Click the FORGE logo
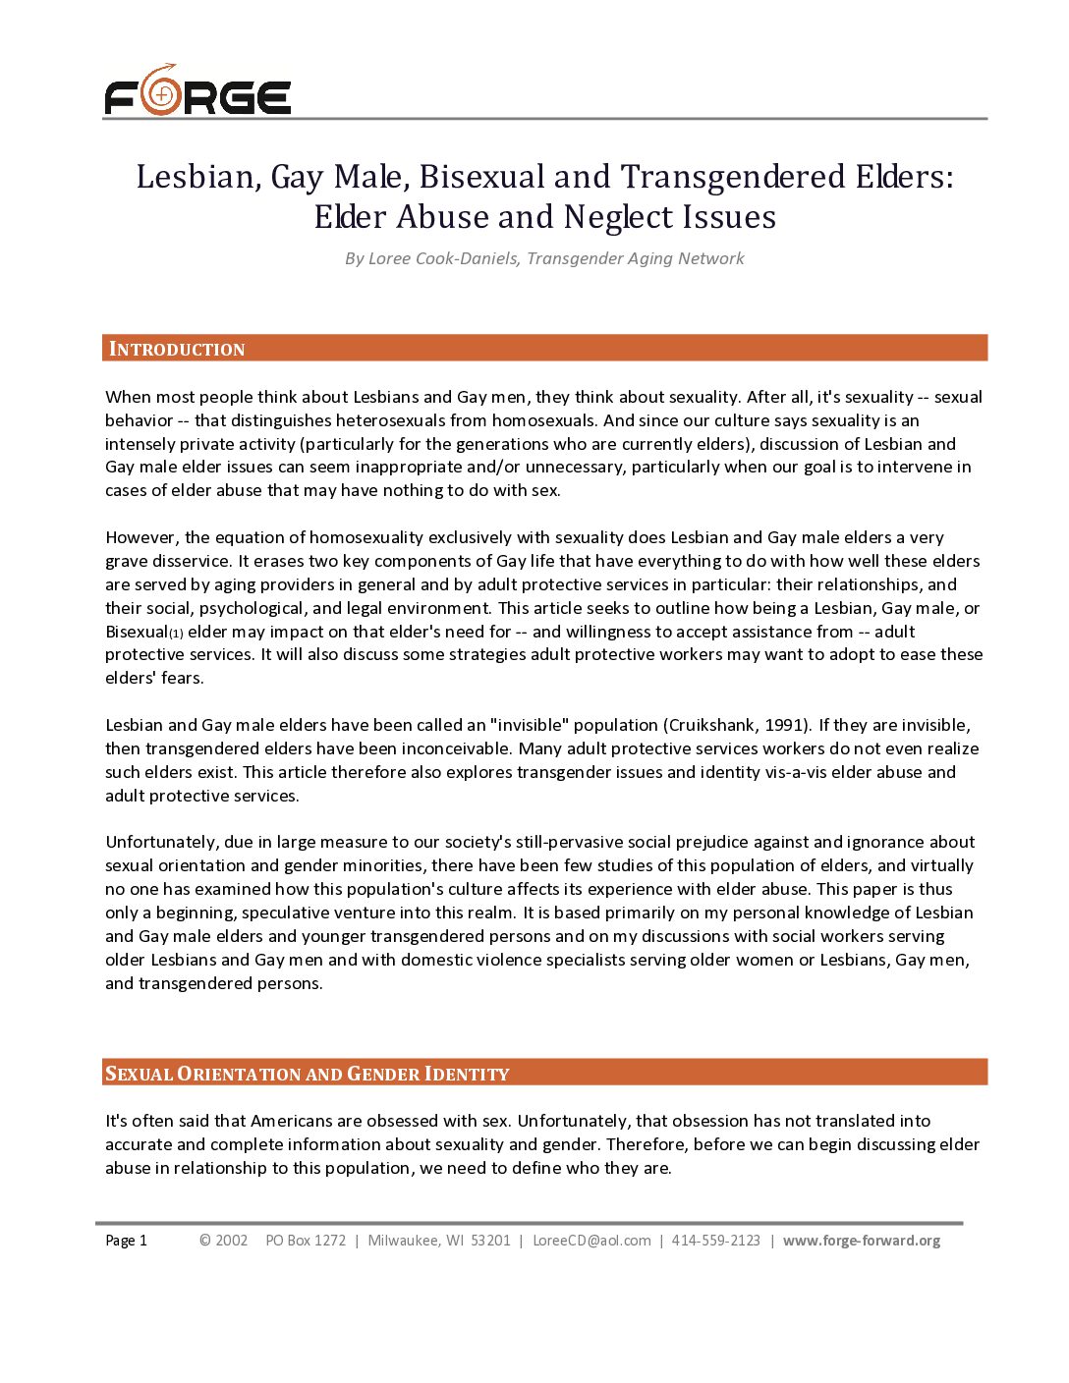point(197,91)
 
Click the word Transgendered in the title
point(733,177)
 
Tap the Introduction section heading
point(177,349)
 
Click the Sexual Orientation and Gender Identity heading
point(308,1074)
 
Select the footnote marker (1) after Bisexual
point(176,634)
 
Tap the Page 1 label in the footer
point(126,1241)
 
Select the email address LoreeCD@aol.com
point(591,1241)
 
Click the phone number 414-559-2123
point(715,1241)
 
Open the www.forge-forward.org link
point(861,1241)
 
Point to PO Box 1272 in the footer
point(306,1241)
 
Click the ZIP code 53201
point(490,1241)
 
